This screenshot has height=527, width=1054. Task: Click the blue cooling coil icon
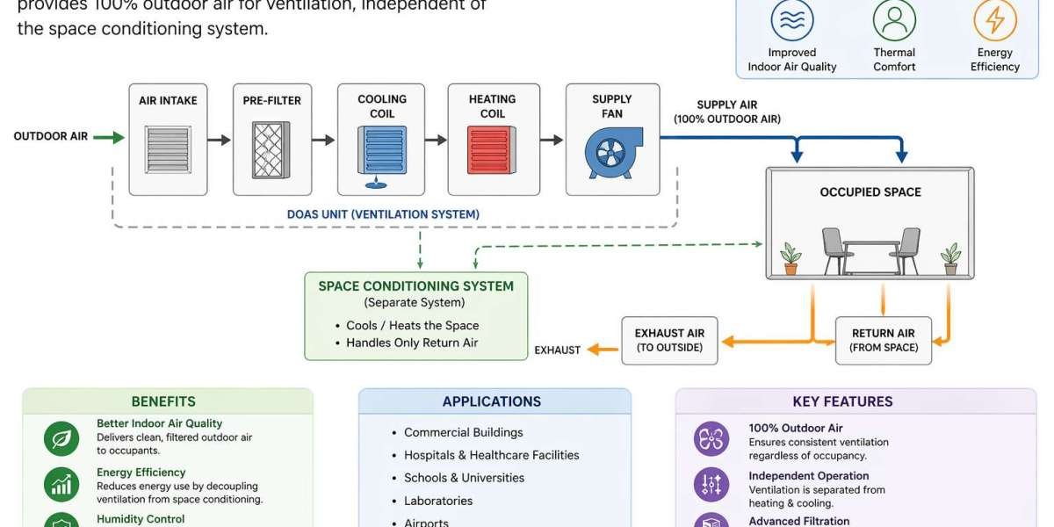(x=382, y=150)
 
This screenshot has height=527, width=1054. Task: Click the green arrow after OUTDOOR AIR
(x=109, y=137)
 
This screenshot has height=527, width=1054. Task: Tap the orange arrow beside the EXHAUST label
(x=603, y=350)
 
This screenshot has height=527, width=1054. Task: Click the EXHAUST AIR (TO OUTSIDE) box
(x=669, y=340)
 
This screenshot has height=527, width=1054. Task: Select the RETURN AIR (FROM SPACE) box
(x=883, y=340)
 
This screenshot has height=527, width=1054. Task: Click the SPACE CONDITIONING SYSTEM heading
(x=415, y=286)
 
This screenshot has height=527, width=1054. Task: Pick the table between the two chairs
(x=870, y=249)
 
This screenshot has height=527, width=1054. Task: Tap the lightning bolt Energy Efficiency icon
(x=995, y=20)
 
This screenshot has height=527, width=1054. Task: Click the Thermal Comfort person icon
(x=894, y=20)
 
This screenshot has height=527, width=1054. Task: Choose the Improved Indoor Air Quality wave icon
(x=791, y=20)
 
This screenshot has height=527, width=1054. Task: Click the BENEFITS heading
(x=163, y=401)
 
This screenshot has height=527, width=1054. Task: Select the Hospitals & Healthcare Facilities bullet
(x=491, y=455)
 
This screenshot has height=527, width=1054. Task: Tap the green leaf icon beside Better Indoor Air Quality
(x=61, y=438)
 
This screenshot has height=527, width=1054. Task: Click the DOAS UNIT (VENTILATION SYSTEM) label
(x=383, y=214)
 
